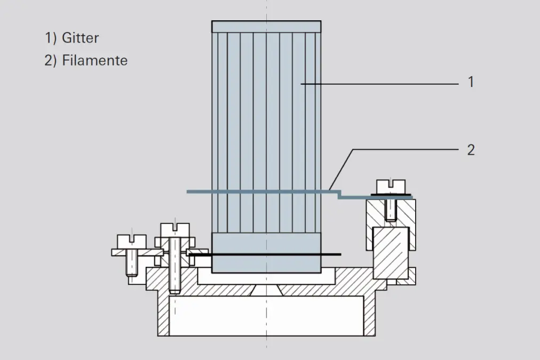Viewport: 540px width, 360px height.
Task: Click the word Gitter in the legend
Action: (80, 38)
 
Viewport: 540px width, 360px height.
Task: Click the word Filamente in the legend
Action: (94, 61)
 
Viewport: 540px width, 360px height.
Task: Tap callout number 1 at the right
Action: (471, 82)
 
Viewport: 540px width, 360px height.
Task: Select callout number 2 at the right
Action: (471, 150)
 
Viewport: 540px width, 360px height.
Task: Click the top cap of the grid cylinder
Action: (266, 27)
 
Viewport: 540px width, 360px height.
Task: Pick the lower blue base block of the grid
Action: (266, 253)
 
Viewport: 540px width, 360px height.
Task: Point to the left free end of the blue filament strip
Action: (188, 191)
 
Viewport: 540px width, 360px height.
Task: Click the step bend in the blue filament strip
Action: (339, 195)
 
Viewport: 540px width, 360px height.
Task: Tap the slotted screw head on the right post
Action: (391, 187)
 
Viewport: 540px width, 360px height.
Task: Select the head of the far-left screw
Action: (132, 242)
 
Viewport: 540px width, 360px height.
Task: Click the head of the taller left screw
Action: (175, 230)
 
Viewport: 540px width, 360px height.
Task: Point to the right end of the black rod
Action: (340, 254)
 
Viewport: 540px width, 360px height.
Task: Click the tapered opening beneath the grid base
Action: (266, 290)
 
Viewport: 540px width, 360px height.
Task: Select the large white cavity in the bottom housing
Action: (266, 316)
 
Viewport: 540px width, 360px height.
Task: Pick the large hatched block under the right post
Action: (391, 253)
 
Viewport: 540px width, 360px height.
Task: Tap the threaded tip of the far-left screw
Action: (132, 274)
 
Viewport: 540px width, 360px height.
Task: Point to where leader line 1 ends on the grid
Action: (301, 84)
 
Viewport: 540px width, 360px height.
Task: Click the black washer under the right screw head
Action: (391, 196)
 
